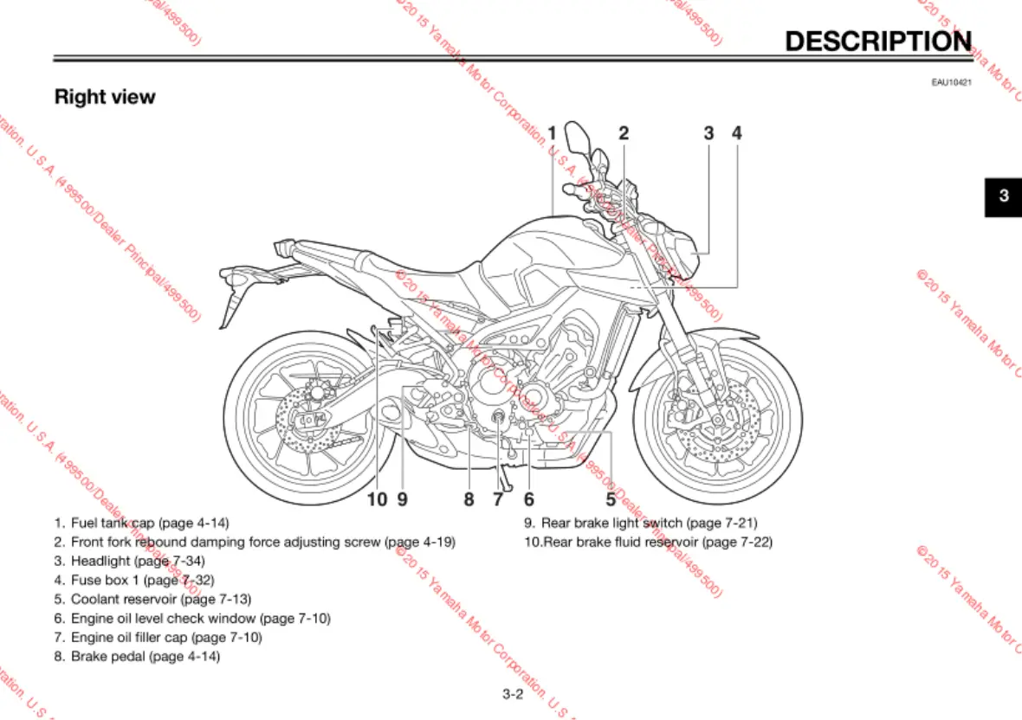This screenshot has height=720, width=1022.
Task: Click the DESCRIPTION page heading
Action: pyautogui.click(x=877, y=41)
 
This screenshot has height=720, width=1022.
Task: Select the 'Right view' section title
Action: pyautogui.click(x=105, y=97)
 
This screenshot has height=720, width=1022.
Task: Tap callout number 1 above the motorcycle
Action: pyautogui.click(x=552, y=133)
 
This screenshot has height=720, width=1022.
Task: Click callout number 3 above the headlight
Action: pyautogui.click(x=708, y=133)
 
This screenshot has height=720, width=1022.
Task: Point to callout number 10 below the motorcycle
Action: pyautogui.click(x=377, y=498)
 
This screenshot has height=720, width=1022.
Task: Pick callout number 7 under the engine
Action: pyautogui.click(x=498, y=498)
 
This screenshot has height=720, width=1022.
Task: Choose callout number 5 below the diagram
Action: pyautogui.click(x=611, y=498)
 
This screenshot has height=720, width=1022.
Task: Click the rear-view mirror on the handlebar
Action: pyautogui.click(x=575, y=138)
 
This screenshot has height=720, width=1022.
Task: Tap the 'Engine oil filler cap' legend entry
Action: pyautogui.click(x=165, y=638)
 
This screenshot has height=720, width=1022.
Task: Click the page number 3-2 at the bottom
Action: pyautogui.click(x=513, y=693)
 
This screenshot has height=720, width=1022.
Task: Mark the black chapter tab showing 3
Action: pyautogui.click(x=1003, y=196)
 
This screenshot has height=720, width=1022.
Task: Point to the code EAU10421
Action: pyautogui.click(x=951, y=82)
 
